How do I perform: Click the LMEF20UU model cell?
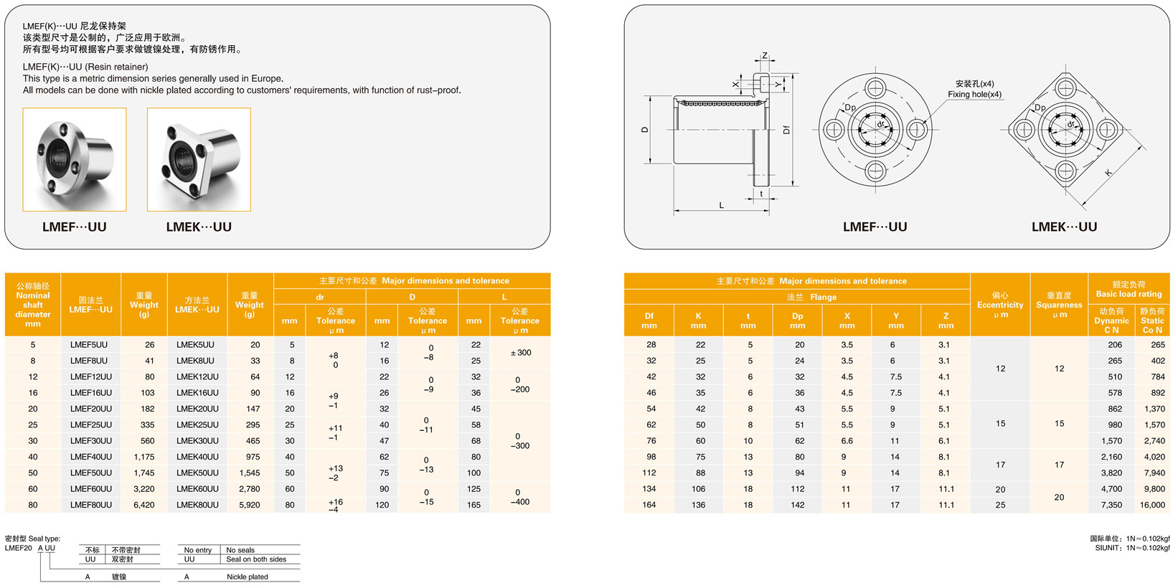coord(90,409)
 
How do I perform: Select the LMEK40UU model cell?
coord(197,457)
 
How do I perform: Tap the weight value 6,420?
coord(144,505)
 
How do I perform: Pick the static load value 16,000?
coord(1152,505)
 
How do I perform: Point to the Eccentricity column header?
coord(999,305)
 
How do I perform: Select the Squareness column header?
coord(1059,305)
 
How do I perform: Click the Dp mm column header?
coord(797,321)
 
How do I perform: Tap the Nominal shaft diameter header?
coord(32,305)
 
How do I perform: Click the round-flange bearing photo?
coord(75,160)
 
